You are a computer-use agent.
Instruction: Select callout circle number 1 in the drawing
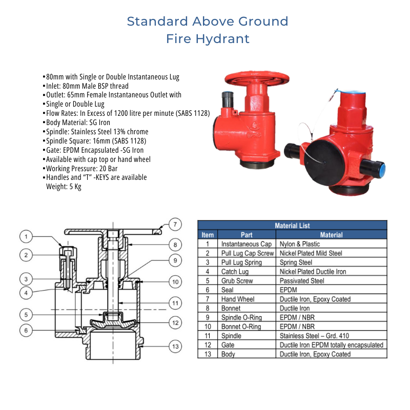point(27,237)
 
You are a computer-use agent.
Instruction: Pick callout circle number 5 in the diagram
point(27,314)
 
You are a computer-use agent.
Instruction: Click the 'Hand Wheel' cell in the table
point(238,299)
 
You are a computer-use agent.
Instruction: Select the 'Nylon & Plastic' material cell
point(300,244)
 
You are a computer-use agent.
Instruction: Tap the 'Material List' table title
point(292,225)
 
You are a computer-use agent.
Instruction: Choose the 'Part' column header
point(247,235)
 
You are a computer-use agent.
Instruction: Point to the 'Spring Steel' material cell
point(296,262)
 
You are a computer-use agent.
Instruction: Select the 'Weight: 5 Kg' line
point(64,187)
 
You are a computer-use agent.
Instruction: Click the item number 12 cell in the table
point(208,345)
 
